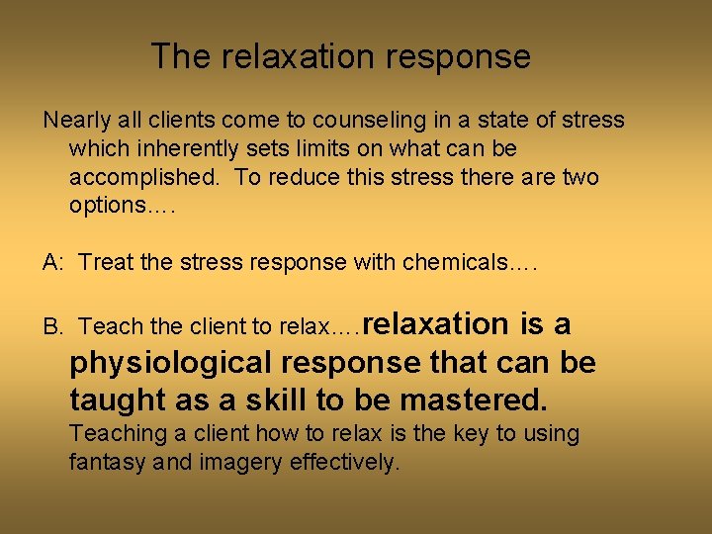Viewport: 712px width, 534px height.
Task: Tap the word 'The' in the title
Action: [x=181, y=56]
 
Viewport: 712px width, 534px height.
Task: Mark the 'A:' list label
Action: [x=53, y=262]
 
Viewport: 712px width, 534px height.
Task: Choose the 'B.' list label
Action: [x=53, y=326]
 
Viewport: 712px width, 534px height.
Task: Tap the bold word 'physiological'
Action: [x=169, y=363]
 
